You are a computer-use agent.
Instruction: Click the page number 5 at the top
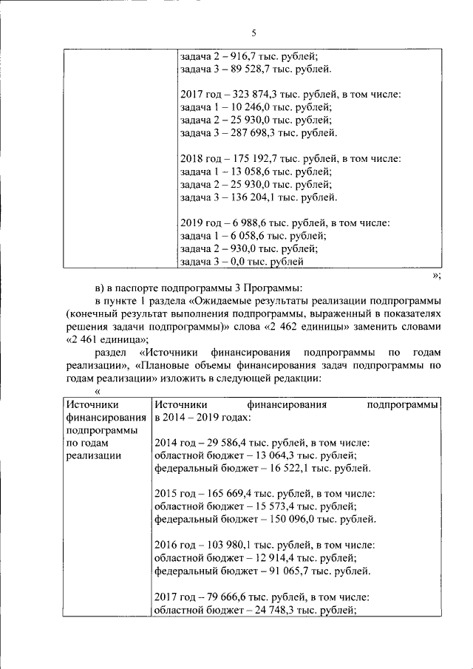253,33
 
